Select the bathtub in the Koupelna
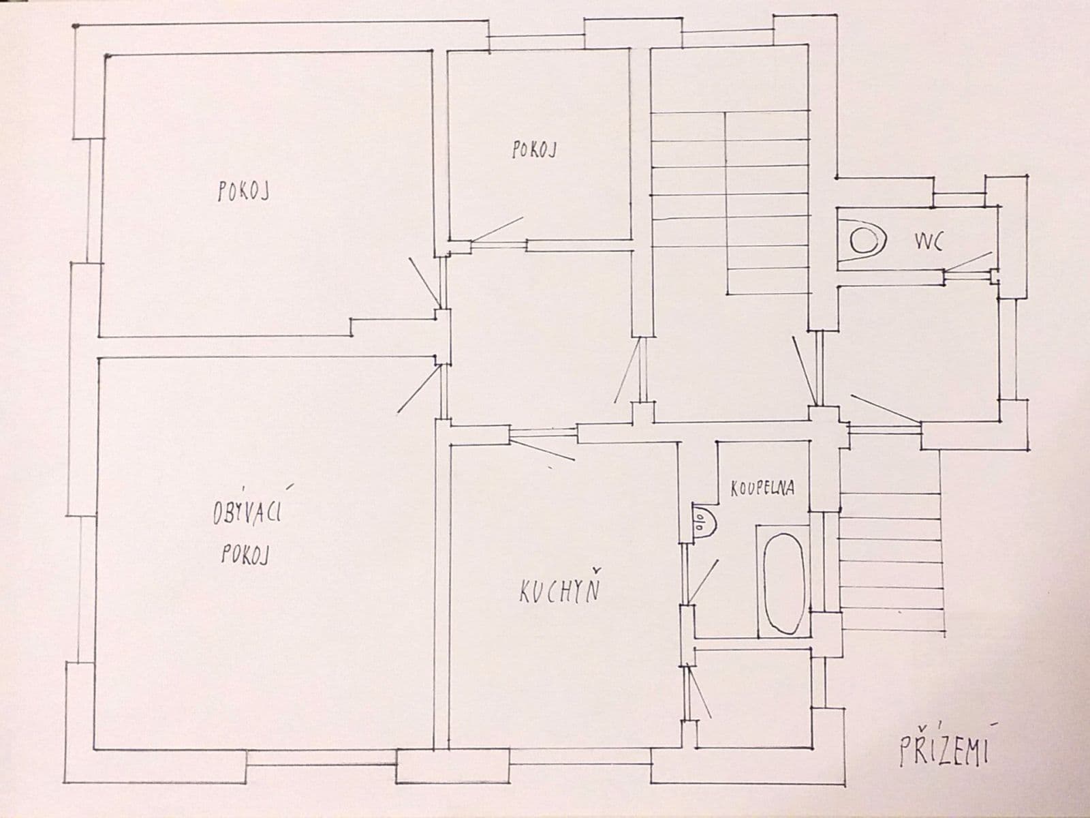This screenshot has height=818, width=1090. pos(783,581)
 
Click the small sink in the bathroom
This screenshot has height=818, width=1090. pos(702,523)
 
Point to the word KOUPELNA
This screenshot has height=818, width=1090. pos(762,489)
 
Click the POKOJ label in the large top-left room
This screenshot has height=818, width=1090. pos(243,192)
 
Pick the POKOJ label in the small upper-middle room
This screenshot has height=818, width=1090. pos(533,150)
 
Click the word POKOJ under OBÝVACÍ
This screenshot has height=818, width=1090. pos(243,556)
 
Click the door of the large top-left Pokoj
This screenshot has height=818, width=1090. pos(424,281)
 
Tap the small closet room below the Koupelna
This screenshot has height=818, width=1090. pos(753,695)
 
